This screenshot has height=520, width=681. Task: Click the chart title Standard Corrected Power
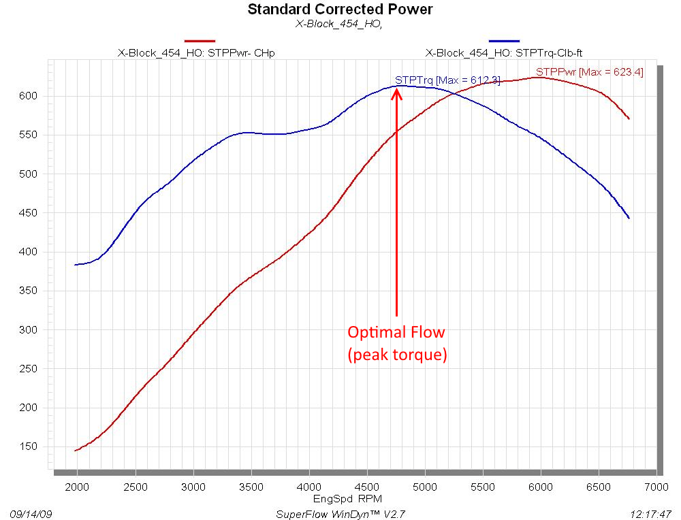[340, 10]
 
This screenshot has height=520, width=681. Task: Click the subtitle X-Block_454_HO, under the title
[339, 24]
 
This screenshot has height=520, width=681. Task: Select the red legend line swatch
[200, 42]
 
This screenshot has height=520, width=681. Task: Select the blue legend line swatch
[504, 42]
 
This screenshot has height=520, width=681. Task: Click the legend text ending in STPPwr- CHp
[197, 53]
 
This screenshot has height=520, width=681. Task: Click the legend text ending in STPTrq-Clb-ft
[505, 53]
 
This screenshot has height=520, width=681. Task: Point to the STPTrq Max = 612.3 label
[447, 80]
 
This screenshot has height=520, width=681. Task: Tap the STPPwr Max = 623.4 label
[589, 71]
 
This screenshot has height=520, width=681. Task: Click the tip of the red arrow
[396, 88]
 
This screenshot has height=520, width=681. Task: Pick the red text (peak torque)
[397, 355]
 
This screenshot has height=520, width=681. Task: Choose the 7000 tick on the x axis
[656, 488]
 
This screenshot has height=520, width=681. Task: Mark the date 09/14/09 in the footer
[31, 513]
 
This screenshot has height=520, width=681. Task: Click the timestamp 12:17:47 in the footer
[652, 513]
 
